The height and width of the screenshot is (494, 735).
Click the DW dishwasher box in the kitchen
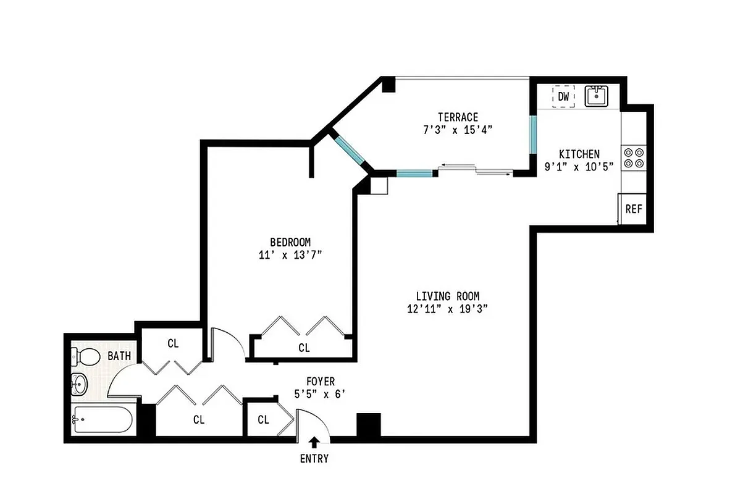(563, 96)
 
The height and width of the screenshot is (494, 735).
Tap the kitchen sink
(597, 96)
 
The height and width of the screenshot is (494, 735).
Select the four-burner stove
(633, 157)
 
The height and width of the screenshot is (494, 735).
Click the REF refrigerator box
(634, 209)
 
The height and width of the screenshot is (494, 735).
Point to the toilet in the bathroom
(86, 356)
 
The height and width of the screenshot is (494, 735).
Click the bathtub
(102, 421)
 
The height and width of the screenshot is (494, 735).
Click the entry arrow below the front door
(314, 442)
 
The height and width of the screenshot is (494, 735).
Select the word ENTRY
(314, 459)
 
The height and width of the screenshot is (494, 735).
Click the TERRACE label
(458, 117)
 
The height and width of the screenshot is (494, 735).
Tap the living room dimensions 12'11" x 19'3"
(448, 309)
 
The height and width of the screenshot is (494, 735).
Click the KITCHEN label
(579, 154)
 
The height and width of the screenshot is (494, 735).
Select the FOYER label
(321, 382)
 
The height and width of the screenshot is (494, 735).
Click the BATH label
(119, 356)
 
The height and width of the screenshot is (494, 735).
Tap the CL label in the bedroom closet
(304, 348)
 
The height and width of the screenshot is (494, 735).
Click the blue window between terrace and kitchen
(532, 134)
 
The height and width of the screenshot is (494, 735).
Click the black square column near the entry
(369, 425)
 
